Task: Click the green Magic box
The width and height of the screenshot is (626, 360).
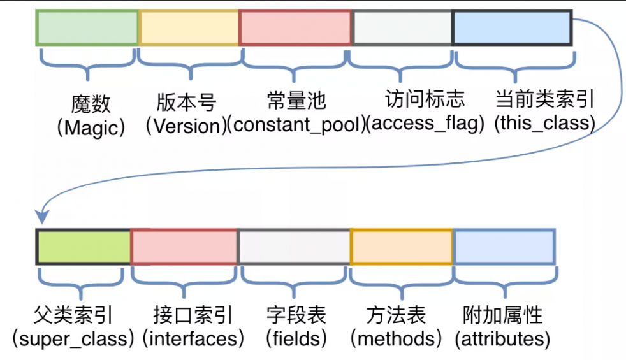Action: pos(87,27)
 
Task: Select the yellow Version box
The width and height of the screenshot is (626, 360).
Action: pos(189,27)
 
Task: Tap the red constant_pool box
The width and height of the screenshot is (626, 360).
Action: pos(295,27)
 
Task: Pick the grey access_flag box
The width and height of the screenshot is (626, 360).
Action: pos(402,27)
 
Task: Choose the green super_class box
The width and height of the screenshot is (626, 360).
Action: pos(84,247)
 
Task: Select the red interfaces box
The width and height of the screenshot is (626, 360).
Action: pos(184,247)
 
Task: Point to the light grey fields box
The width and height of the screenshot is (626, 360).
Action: pos(294,247)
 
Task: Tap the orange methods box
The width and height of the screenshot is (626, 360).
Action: pos(402,247)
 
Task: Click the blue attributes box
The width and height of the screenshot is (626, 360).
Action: pos(504,247)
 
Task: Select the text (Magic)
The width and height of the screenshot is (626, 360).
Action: pos(91,128)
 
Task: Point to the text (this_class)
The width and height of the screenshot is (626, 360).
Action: pos(544,123)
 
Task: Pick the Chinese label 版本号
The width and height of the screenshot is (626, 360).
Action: pos(186,102)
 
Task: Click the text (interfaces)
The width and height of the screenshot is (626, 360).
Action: pos(194,338)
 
